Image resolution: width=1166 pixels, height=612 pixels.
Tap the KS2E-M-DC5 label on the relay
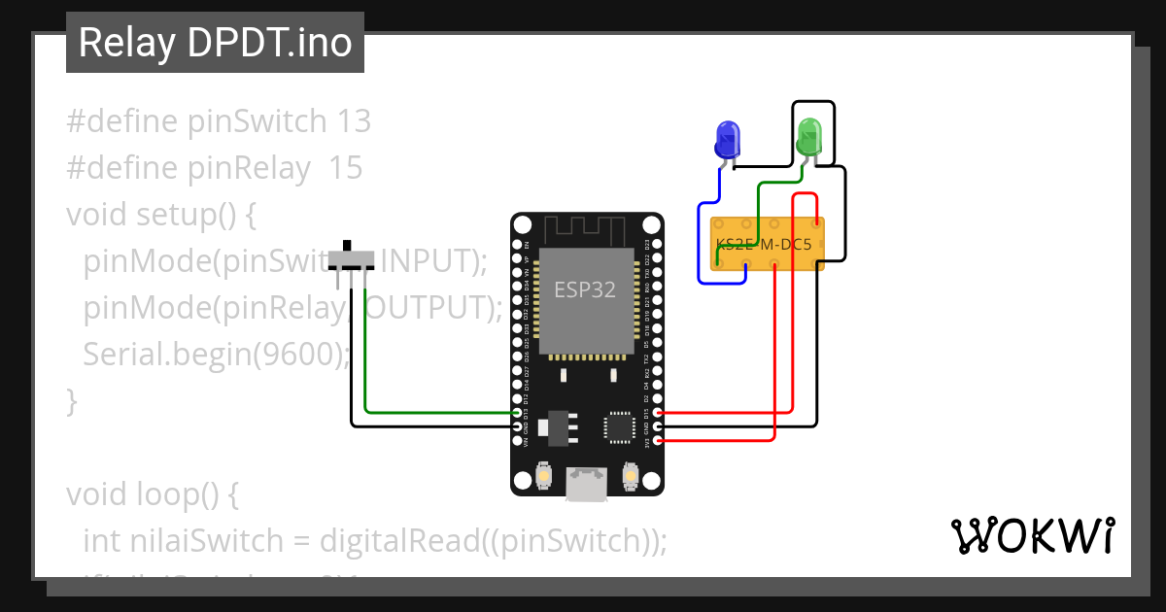pos(764,245)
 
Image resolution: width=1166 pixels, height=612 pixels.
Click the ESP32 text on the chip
pos(585,289)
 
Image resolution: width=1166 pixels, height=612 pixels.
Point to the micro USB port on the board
pos(587,484)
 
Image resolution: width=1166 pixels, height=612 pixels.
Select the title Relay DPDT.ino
pos(215,43)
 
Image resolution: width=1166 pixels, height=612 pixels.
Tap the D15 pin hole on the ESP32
pos(658,413)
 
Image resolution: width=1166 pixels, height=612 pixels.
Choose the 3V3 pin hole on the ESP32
pos(658,441)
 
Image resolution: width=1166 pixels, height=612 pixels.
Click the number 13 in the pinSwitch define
pos(354,121)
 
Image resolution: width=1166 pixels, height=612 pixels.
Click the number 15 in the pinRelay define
pos(345,168)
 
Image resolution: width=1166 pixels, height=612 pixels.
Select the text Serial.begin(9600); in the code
pos(216,355)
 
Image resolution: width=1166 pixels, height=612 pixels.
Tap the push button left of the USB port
pos(545,477)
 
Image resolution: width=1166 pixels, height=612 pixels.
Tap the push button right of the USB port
pos(631,477)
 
